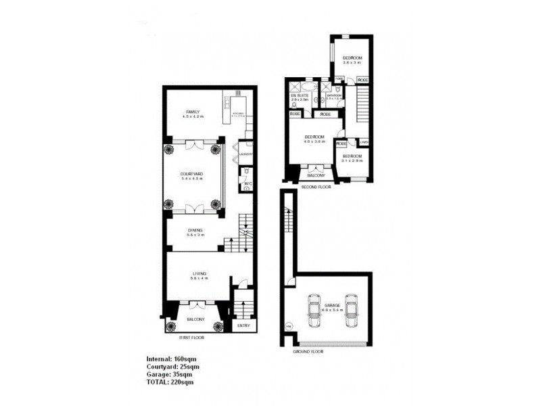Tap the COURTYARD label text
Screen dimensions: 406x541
192,175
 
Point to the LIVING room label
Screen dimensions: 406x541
198,273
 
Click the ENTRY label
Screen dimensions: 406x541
243,326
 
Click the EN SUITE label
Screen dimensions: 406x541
300,97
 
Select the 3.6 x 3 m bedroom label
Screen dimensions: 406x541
352,59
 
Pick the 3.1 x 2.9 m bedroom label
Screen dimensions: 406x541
352,157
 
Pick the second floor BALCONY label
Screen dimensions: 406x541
316,175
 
